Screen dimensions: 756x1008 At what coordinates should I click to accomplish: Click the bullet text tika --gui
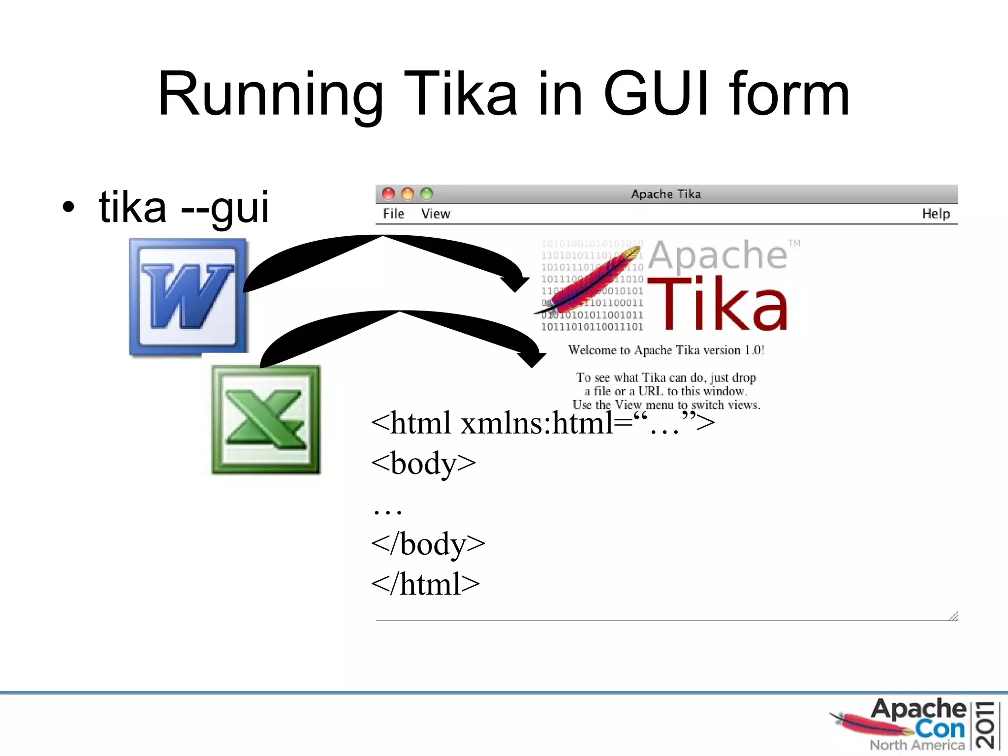tap(184, 207)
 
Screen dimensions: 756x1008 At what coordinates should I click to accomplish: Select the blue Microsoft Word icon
tap(189, 297)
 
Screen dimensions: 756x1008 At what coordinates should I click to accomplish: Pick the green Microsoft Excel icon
tap(266, 420)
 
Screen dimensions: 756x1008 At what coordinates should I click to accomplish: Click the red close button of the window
tap(388, 194)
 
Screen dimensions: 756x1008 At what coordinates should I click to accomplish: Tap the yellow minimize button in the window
tap(408, 194)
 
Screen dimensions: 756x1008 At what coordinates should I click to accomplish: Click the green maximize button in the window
tap(427, 194)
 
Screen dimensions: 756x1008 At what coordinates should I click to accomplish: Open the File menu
tap(393, 214)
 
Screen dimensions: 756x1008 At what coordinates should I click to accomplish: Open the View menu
tap(436, 214)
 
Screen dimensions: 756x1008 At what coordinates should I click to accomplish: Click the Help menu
tap(936, 214)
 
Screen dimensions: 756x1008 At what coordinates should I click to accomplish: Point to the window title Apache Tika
tap(666, 194)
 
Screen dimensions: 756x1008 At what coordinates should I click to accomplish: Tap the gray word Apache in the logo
tap(718, 255)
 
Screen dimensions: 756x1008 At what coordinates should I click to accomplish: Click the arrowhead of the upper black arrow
tap(515, 283)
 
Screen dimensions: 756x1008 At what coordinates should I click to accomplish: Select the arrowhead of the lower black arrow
tap(532, 359)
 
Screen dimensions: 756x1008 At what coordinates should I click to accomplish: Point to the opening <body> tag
tap(423, 463)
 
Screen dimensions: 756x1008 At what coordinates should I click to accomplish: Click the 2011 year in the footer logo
tap(986, 725)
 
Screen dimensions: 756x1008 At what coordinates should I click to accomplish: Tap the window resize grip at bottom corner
tap(953, 616)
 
